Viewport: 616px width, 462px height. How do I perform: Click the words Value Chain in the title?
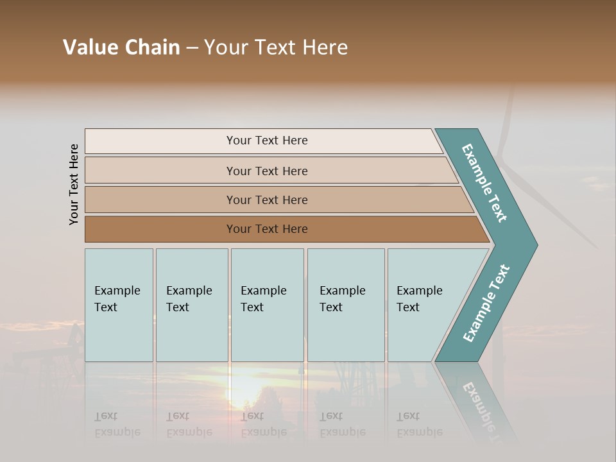[121, 47]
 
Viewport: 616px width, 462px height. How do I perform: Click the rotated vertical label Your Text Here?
[74, 185]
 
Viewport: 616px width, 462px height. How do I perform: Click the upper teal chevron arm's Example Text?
[484, 183]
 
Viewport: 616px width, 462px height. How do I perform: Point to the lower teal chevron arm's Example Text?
[486, 304]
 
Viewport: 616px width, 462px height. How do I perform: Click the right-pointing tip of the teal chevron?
[531, 244]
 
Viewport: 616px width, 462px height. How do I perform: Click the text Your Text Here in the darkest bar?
[267, 229]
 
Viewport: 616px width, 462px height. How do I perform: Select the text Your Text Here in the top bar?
[267, 141]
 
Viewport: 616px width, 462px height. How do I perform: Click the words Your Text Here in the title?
[276, 47]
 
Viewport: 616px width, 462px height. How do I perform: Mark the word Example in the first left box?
[117, 291]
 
